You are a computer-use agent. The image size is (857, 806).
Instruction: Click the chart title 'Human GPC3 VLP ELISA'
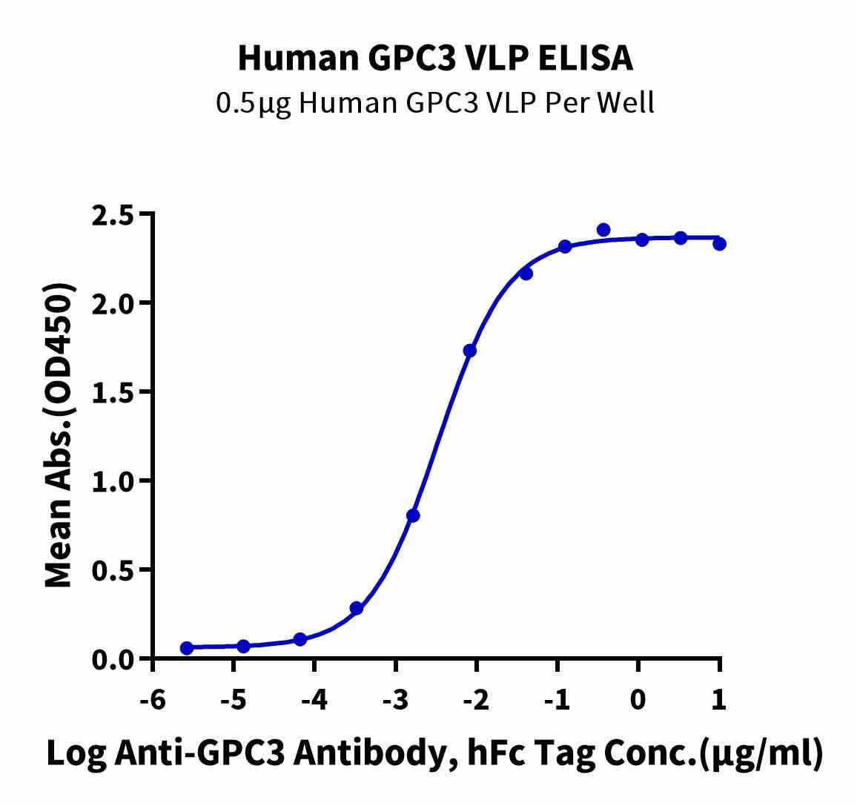tap(435, 59)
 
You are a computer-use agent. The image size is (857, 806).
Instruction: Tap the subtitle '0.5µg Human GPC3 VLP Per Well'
tap(435, 103)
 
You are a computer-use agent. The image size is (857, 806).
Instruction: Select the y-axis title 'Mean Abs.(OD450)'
tap(60, 436)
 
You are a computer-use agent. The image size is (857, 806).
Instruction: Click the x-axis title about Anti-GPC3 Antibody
tap(434, 753)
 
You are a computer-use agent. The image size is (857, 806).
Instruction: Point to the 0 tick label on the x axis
tap(638, 699)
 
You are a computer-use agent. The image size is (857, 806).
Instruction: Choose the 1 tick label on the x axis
tap(718, 699)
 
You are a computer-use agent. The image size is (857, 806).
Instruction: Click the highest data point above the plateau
tap(603, 230)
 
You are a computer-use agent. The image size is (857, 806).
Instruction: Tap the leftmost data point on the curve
tap(187, 648)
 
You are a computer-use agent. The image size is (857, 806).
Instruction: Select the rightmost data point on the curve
tap(719, 243)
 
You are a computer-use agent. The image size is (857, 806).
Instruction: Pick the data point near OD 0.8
tap(413, 515)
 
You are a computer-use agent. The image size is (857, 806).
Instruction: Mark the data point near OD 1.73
tap(469, 351)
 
